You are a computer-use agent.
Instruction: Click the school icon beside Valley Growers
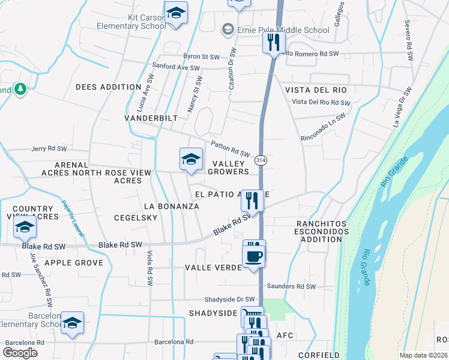(190, 159)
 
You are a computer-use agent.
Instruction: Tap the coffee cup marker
(253, 257)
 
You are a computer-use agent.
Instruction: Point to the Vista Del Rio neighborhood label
(316, 90)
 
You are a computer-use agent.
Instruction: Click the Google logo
(20, 352)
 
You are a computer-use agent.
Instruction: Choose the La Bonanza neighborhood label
(172, 206)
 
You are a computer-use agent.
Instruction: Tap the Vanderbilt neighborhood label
(151, 118)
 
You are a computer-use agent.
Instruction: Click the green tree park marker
(20, 89)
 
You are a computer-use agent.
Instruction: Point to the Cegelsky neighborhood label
(136, 218)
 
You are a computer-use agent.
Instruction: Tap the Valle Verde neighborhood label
(212, 268)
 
